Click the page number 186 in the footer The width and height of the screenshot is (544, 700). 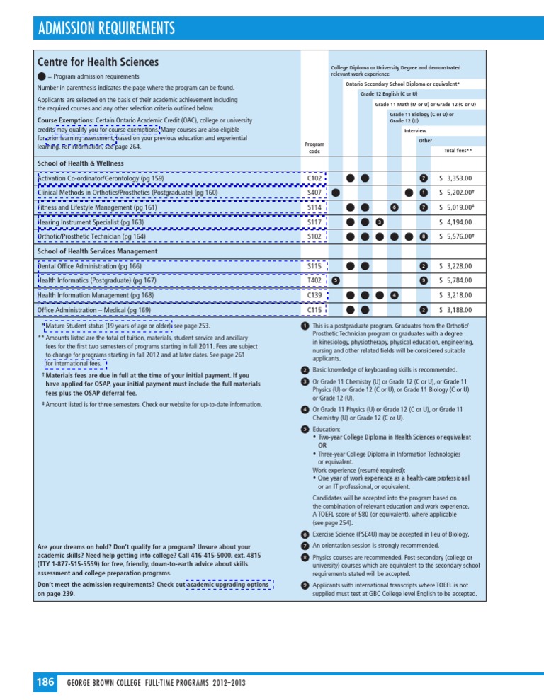pos(45,682)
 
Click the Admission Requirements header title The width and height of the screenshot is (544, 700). pos(106,29)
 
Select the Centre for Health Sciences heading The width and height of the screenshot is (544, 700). pos(98,62)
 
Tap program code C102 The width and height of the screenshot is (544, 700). pos(314,178)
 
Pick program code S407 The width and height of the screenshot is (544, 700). pos(314,193)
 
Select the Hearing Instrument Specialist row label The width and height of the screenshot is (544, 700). pos(91,222)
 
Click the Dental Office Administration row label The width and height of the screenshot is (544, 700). pos(89,266)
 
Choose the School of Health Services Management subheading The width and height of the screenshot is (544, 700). pos(97,251)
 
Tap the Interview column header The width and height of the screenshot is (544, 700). pos(414,131)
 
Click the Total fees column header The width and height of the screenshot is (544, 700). pos(458,151)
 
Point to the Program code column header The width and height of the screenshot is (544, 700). pos(314,147)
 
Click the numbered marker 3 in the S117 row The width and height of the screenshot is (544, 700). pos(380,222)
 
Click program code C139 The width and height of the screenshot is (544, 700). pos(314,295)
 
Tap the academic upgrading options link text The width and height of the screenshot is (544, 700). pos(228,585)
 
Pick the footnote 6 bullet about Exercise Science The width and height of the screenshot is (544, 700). pos(304,534)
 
